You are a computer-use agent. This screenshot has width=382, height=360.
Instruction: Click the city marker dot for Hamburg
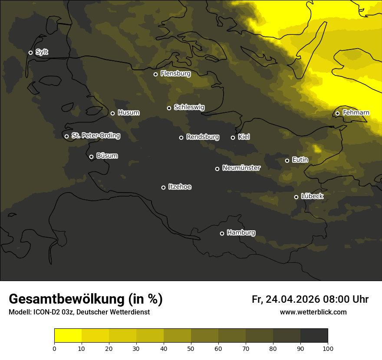(x=222, y=233)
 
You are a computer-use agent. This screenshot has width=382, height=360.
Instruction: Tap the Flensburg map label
(x=175, y=74)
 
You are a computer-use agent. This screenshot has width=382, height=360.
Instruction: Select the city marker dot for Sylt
(x=30, y=52)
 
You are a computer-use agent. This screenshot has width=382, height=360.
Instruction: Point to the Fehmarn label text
(x=356, y=113)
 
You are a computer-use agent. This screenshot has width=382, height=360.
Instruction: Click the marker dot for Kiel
(x=233, y=137)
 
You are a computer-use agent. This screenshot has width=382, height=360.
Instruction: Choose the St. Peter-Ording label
(x=95, y=136)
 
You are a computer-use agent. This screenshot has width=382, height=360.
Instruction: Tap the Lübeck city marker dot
(x=296, y=197)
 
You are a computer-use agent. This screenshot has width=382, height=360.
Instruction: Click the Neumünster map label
(x=241, y=168)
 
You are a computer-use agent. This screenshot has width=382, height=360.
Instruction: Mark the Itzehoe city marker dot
(x=163, y=187)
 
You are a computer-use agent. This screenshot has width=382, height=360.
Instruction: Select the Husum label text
(x=128, y=113)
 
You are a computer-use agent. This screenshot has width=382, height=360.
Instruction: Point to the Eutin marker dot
(x=287, y=160)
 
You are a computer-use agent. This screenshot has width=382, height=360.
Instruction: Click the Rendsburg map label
(x=203, y=137)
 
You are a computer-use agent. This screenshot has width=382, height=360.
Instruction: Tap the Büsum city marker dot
(x=91, y=157)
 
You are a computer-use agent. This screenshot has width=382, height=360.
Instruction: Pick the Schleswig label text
(x=189, y=107)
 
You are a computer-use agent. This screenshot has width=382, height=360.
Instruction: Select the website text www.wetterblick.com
(x=313, y=312)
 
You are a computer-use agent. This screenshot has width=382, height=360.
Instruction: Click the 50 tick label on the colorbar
(x=191, y=348)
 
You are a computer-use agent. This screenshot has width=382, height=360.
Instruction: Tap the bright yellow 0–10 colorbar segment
(x=68, y=336)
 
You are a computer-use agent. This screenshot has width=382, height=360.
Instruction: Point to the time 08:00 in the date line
(x=333, y=299)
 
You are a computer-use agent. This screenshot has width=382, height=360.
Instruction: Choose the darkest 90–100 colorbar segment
(x=314, y=336)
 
